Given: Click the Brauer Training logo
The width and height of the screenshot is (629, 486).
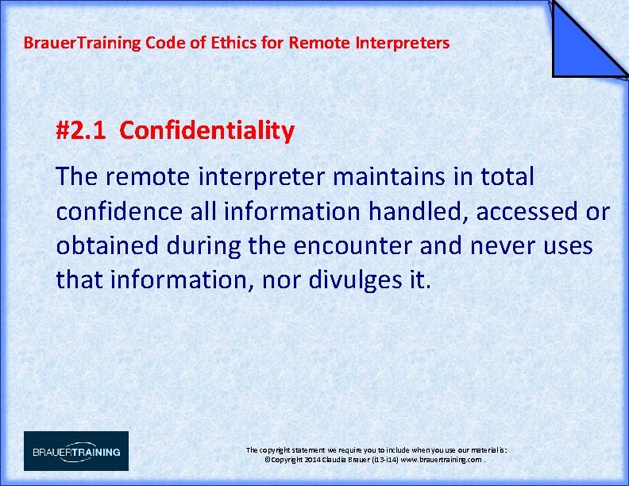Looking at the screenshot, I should [x=76, y=451].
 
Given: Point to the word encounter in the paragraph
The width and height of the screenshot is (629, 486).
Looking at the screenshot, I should [x=354, y=246].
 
